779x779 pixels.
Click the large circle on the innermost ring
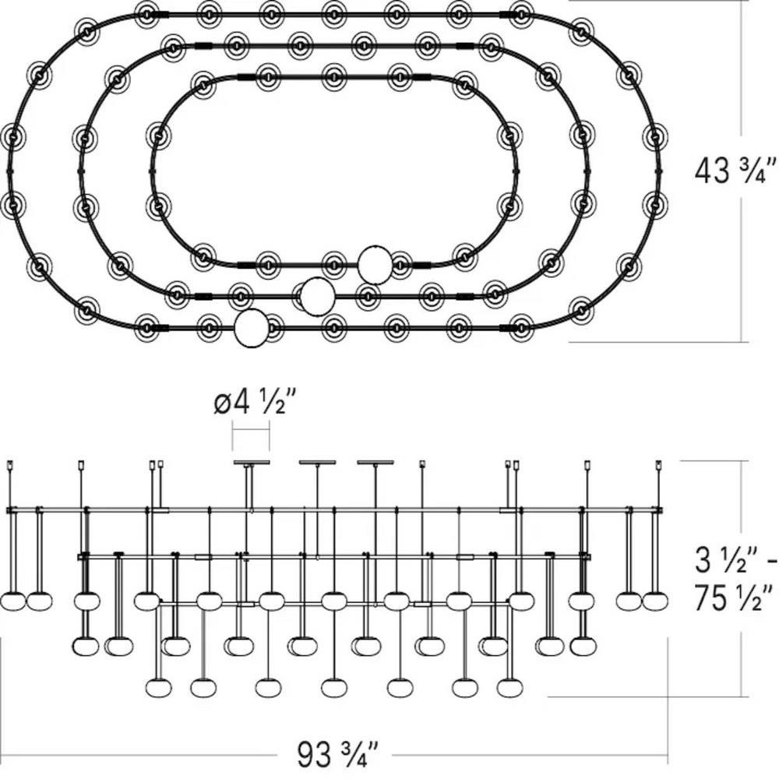pos(375,264)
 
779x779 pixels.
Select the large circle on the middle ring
pos(317,296)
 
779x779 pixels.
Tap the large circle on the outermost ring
pos(252,328)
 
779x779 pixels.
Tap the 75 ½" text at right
pos(733,597)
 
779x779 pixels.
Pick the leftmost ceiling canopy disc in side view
pos(252,463)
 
